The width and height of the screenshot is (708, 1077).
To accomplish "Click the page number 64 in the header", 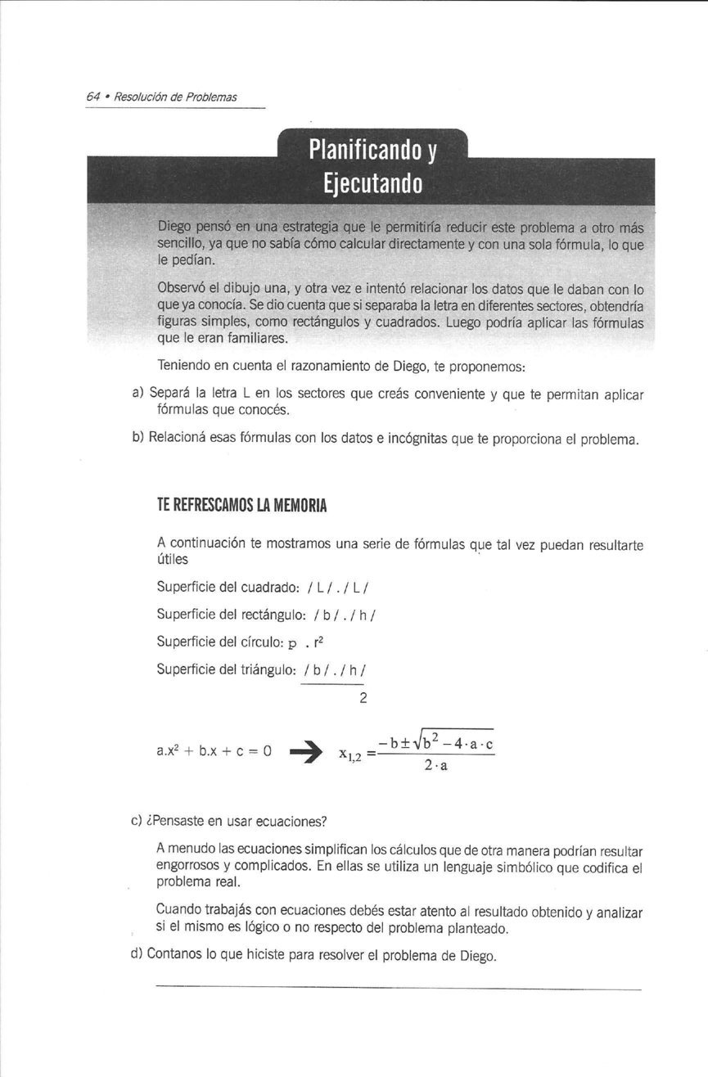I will click(x=92, y=97).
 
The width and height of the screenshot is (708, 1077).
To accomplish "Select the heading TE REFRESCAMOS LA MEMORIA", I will click(x=241, y=506).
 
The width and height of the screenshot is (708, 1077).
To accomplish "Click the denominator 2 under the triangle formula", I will click(x=363, y=698).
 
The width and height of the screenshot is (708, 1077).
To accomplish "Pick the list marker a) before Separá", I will click(x=138, y=394).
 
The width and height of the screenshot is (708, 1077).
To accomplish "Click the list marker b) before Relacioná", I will click(x=138, y=439).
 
